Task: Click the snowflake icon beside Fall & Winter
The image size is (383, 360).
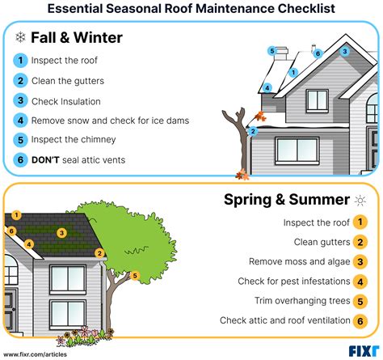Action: click(x=20, y=37)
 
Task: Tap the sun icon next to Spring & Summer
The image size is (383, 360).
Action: click(x=360, y=201)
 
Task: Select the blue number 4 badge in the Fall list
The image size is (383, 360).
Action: click(x=20, y=121)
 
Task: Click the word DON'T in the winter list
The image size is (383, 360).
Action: click(x=45, y=160)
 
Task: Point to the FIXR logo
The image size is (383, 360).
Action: click(x=364, y=351)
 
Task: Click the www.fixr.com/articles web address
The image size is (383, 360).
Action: click(x=35, y=354)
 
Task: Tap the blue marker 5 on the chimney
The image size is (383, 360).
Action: click(x=272, y=51)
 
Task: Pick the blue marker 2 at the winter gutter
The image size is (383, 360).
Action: click(x=253, y=132)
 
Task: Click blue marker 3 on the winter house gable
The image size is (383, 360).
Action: click(x=345, y=51)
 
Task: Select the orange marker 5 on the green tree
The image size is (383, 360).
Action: click(x=135, y=276)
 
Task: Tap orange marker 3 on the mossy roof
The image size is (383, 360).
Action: click(x=61, y=233)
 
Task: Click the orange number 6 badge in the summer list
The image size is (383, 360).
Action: click(x=360, y=321)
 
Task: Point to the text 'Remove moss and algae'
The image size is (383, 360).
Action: click(x=299, y=261)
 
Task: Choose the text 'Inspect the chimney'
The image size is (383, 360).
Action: click(x=74, y=140)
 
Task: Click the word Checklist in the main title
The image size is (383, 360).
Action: click(x=306, y=9)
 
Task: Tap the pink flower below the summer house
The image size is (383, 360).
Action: click(x=86, y=331)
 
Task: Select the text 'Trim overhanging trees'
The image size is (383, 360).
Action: click(x=302, y=301)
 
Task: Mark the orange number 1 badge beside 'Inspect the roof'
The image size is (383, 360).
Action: click(x=360, y=222)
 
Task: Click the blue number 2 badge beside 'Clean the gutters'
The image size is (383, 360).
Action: click(x=20, y=81)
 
